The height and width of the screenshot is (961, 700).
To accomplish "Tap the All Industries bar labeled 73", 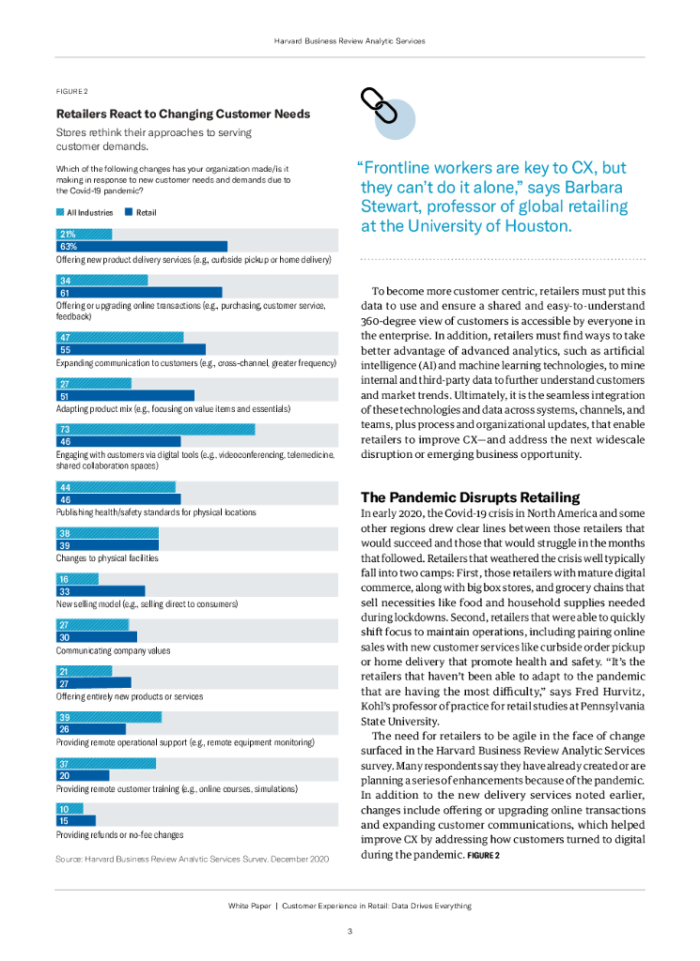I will [155, 429].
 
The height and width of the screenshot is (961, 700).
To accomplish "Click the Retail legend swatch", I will [129, 213].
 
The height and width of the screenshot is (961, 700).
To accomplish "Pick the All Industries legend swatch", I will [60, 213].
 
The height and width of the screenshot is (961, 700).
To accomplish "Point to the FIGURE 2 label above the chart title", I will [72, 91].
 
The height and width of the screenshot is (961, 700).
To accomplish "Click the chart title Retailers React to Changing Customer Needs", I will [183, 114].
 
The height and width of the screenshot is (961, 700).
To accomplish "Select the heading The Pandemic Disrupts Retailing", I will [471, 497].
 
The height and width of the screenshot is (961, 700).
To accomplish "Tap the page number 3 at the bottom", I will [350, 932].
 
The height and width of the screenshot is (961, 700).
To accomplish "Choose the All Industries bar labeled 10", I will [70, 809].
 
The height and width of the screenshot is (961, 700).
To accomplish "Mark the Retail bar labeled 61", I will [139, 293].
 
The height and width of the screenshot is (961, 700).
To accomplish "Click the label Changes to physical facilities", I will [107, 558].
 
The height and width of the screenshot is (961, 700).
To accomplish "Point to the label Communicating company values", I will [114, 650].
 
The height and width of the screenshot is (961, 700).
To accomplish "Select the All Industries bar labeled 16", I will [77, 579].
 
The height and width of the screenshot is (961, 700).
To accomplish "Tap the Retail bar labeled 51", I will [125, 396].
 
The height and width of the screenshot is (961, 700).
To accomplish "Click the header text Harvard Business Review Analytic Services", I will [350, 41].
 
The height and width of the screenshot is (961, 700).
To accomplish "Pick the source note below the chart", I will [193, 859].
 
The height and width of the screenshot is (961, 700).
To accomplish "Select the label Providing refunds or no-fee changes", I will [119, 834].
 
